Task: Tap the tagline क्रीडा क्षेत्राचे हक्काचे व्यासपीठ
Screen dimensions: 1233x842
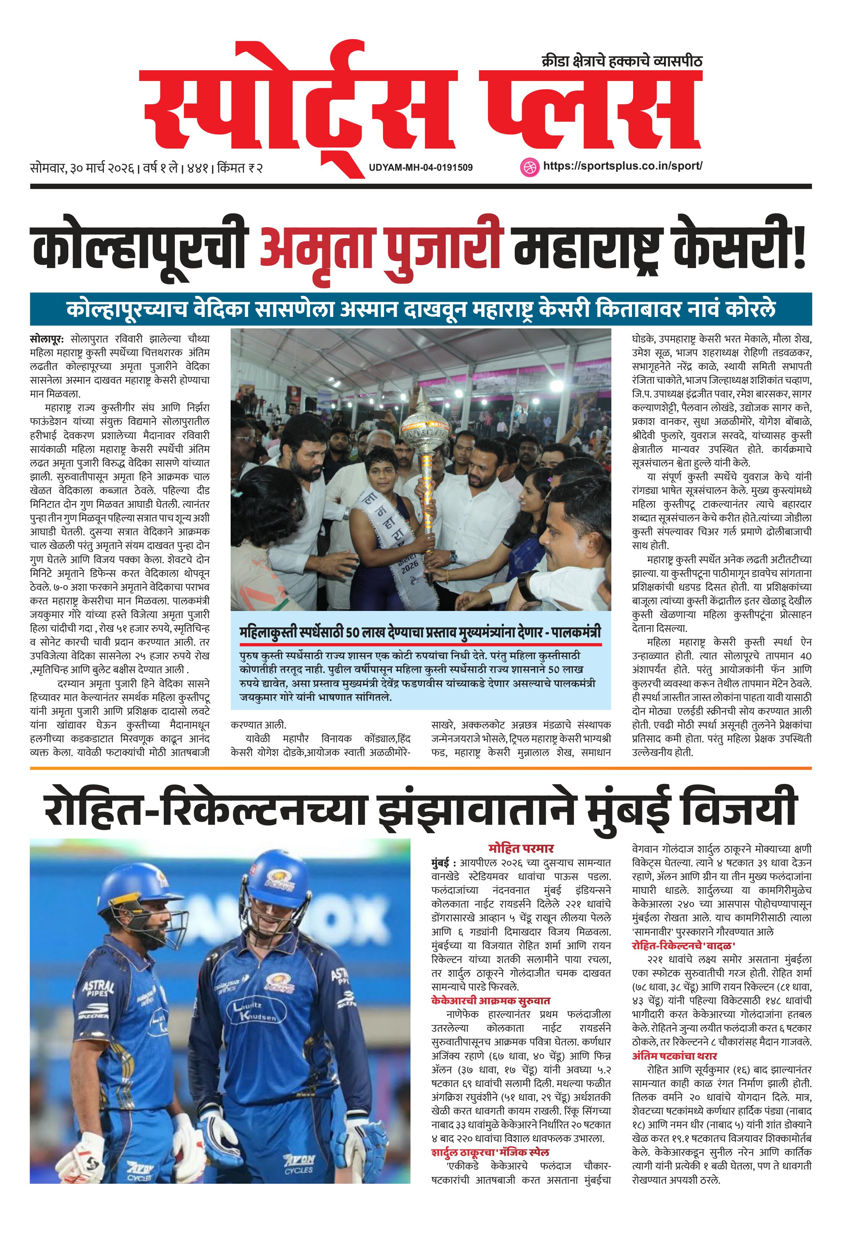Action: click(621, 61)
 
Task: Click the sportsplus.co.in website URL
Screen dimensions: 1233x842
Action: click(622, 165)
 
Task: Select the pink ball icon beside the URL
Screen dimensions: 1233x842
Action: click(529, 166)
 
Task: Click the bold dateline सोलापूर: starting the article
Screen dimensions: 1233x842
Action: click(47, 338)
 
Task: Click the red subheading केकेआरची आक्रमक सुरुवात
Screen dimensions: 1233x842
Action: click(490, 1000)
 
